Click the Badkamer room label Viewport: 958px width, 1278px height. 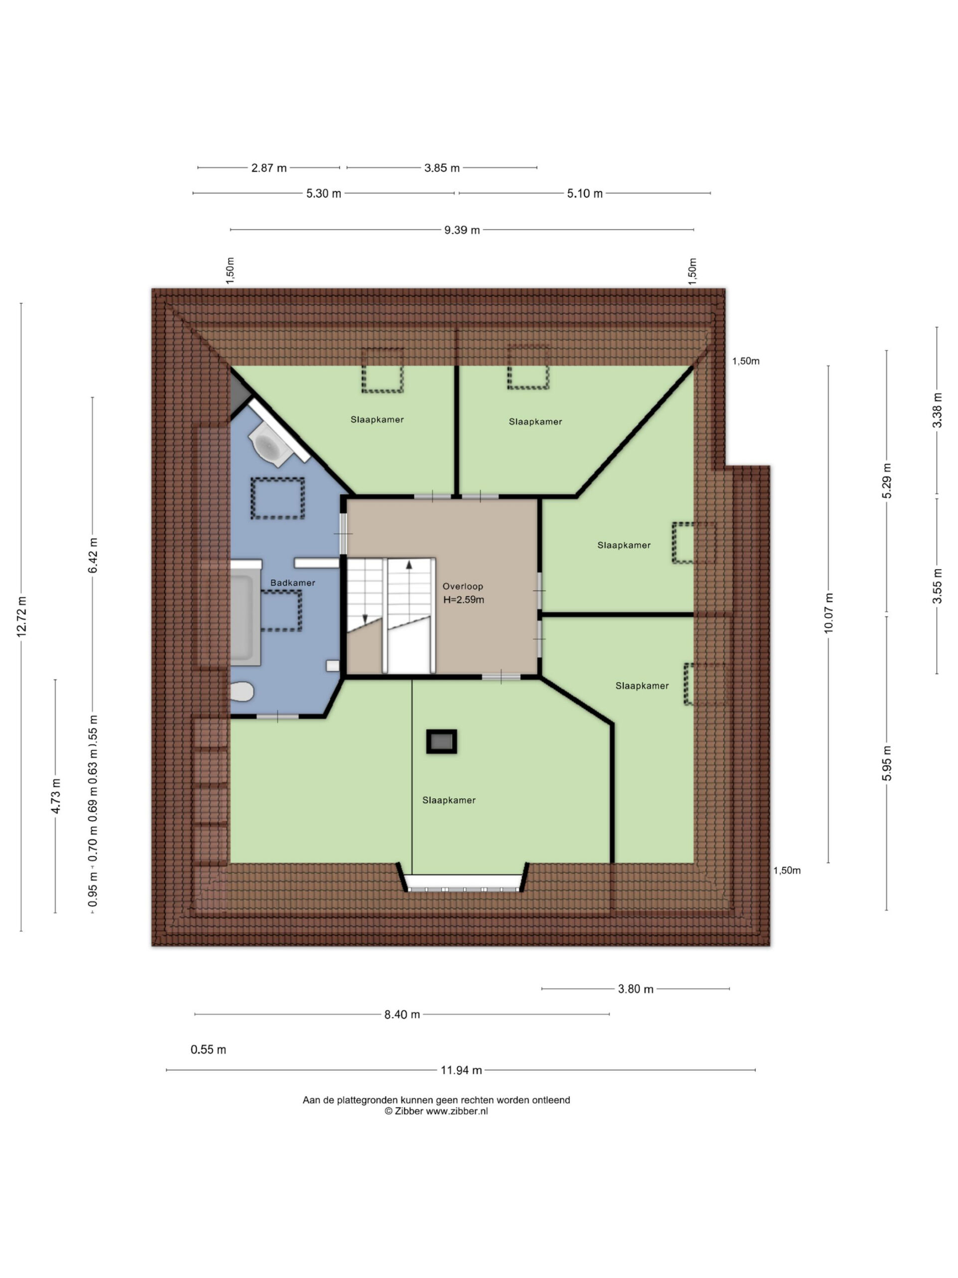pos(293,583)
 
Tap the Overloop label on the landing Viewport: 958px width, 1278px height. pos(463,586)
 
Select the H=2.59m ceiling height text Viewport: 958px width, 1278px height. pos(464,600)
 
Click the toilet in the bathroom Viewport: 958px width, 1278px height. pos(242,691)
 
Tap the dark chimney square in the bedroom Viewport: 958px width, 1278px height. pos(442,741)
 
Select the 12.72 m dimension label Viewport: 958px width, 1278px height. pos(22,617)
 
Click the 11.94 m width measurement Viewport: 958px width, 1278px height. pos(461,1070)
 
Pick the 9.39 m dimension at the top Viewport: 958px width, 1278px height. pos(462,230)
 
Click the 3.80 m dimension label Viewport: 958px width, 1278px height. pos(635,989)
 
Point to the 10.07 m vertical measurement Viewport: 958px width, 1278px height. pos(829,613)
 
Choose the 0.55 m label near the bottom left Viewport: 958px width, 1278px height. pos(209,1050)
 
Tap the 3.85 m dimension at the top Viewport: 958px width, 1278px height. pos(442,168)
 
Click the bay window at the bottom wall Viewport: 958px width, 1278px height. pos(463,882)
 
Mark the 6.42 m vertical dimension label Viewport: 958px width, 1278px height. pos(93,555)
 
